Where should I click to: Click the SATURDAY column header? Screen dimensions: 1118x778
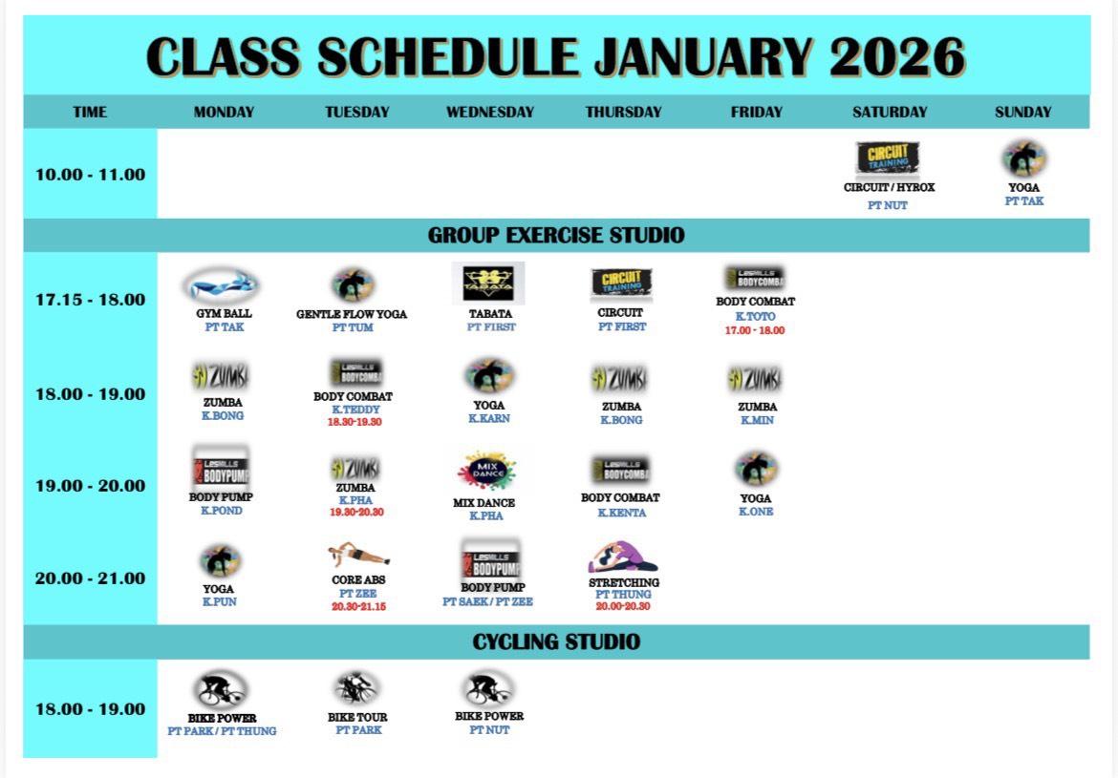(x=889, y=112)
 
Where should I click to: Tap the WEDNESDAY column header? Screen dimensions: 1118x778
(x=490, y=112)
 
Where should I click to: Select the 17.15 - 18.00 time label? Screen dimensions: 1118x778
(x=91, y=299)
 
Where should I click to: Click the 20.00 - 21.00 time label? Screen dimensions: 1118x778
(x=91, y=578)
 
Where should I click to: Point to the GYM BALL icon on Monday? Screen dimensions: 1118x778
(x=222, y=285)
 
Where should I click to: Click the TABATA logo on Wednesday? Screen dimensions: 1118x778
(x=488, y=283)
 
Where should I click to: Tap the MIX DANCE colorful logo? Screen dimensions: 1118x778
(x=487, y=471)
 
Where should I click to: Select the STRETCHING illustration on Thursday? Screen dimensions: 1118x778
(x=622, y=557)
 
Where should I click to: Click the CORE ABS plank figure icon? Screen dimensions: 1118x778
(x=358, y=555)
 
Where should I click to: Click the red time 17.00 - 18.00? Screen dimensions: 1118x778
(x=754, y=330)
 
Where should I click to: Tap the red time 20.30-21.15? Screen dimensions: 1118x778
(x=358, y=606)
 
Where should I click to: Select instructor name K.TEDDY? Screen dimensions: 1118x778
(x=355, y=410)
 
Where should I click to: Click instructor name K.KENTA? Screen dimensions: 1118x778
(x=622, y=513)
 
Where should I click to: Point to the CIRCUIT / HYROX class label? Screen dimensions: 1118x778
(x=889, y=187)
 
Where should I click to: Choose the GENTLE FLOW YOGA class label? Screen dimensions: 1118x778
(x=352, y=314)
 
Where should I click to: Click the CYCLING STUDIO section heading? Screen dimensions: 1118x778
(x=556, y=641)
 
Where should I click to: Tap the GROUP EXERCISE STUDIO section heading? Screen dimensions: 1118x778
(x=556, y=235)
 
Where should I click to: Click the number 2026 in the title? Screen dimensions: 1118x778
(x=897, y=56)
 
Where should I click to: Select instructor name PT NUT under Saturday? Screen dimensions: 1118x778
(x=888, y=205)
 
